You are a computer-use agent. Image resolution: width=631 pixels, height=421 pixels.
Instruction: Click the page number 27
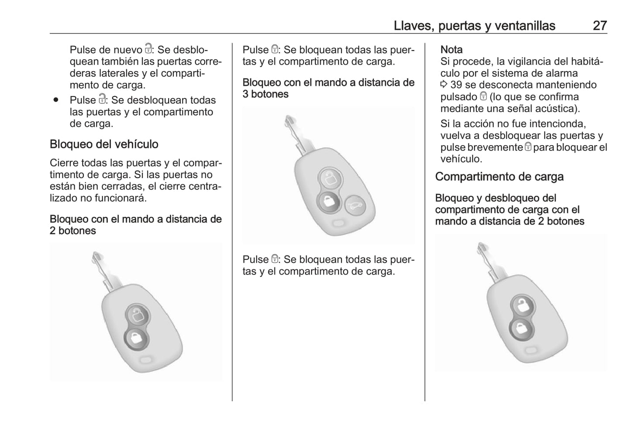click(600, 26)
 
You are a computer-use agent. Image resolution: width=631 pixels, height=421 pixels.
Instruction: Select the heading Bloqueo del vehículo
click(104, 144)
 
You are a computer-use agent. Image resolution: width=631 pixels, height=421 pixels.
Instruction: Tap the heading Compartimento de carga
click(499, 177)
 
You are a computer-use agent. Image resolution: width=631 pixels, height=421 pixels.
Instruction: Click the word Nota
click(452, 50)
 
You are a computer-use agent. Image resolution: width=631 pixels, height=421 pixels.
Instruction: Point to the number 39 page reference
click(456, 85)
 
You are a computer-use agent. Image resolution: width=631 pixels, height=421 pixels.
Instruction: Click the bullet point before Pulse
click(55, 100)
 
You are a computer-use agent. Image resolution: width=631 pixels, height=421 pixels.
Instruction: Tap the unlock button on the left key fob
click(137, 314)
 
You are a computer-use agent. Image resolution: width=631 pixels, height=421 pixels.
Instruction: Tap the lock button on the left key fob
click(136, 338)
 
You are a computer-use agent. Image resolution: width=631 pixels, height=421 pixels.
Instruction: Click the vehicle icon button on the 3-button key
click(354, 205)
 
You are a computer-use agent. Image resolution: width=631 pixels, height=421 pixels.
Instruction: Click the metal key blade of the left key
click(103, 270)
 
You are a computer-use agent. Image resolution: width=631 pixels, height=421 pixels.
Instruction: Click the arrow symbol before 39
click(444, 85)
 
